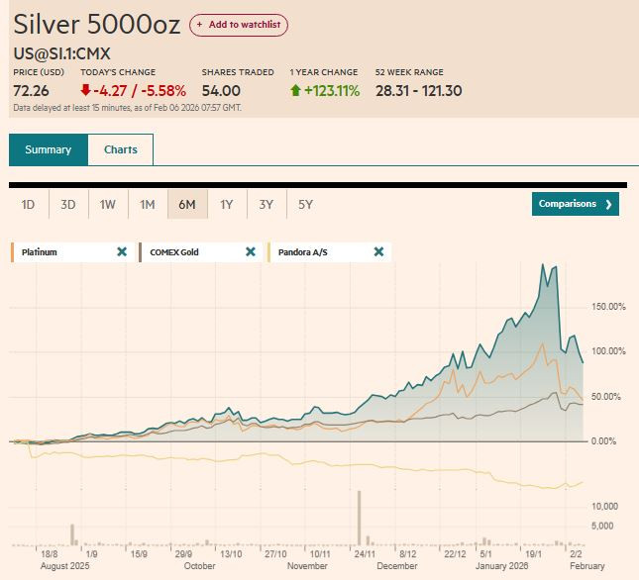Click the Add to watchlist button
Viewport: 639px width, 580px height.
(239, 25)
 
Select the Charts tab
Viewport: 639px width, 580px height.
(120, 150)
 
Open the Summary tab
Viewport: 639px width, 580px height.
(49, 150)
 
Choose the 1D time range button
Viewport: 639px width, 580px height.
(29, 205)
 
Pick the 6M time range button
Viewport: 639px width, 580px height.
(186, 205)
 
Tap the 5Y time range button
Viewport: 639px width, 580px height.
(305, 205)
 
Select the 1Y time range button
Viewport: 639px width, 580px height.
(226, 205)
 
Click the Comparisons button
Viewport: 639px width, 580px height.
(575, 204)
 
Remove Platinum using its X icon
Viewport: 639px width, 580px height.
(122, 252)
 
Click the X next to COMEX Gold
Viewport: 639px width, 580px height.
(251, 252)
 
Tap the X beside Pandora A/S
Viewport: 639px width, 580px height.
(378, 252)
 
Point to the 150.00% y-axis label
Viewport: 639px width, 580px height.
(608, 307)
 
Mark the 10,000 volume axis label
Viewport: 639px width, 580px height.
(604, 506)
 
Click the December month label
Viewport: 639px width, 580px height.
(397, 566)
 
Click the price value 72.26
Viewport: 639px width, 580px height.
(32, 91)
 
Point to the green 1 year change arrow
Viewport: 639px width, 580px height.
(295, 91)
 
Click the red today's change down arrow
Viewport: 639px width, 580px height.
(85, 91)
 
